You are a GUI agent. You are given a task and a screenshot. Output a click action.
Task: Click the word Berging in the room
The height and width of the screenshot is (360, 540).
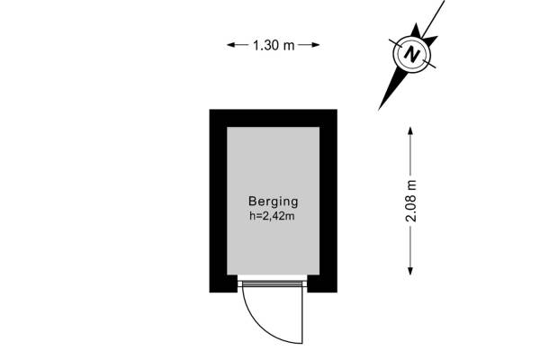pos(273,202)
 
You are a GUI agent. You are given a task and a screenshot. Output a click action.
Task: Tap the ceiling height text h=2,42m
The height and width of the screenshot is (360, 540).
pos(272,216)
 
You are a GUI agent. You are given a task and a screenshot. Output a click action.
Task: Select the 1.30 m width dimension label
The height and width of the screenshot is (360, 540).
pos(274,45)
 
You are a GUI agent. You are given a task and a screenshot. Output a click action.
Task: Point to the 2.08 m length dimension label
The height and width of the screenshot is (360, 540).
pos(411,201)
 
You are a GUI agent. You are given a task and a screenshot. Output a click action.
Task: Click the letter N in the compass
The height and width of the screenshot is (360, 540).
pos(412,54)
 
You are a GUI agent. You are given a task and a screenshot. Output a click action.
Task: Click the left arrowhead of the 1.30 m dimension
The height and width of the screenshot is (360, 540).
pos(230,45)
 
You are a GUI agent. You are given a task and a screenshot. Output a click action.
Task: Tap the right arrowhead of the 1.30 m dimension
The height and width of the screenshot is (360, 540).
pos(316,45)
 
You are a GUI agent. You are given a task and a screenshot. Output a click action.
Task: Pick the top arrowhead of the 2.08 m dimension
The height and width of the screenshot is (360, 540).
pos(410,130)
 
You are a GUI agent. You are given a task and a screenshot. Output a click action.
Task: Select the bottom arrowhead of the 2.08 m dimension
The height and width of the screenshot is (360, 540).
pos(410,271)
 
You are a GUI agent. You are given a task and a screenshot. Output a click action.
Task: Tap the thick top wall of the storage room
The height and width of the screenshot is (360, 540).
pos(273,118)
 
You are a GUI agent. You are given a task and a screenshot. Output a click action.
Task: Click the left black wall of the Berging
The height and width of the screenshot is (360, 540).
pos(219,201)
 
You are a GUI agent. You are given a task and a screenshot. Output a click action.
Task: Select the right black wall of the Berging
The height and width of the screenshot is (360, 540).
pos(328,201)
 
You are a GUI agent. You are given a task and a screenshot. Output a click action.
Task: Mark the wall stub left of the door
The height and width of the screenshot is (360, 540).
pos(223,283)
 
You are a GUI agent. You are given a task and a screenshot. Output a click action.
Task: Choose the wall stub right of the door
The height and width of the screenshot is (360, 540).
pos(322,283)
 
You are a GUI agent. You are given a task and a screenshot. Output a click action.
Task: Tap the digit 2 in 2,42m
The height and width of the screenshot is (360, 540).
pos(263,216)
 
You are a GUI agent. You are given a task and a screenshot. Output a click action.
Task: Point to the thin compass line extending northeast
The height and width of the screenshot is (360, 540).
pos(433,19)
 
